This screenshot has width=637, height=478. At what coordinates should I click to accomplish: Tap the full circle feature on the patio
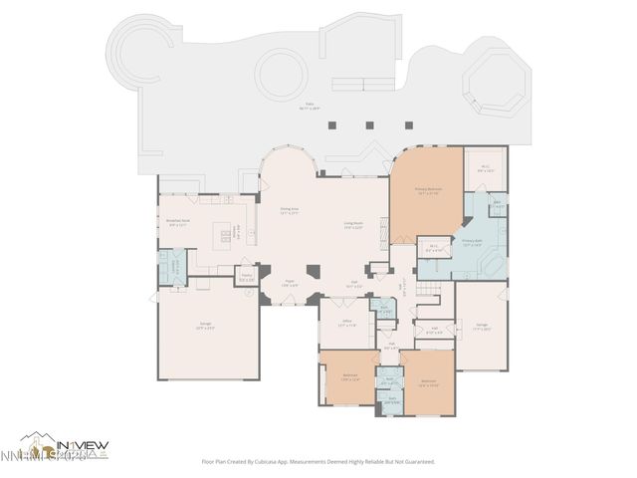coord(282,73)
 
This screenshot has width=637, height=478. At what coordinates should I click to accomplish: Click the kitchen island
coord(227,235)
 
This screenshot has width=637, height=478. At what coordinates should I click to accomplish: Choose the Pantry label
coord(247,278)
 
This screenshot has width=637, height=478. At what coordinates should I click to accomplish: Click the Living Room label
coord(352,226)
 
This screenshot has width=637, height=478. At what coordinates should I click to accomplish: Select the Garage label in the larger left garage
coord(205,325)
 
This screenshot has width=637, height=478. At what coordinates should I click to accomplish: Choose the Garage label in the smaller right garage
coord(482,326)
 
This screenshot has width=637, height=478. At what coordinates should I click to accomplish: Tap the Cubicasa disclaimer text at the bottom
coord(318,462)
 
